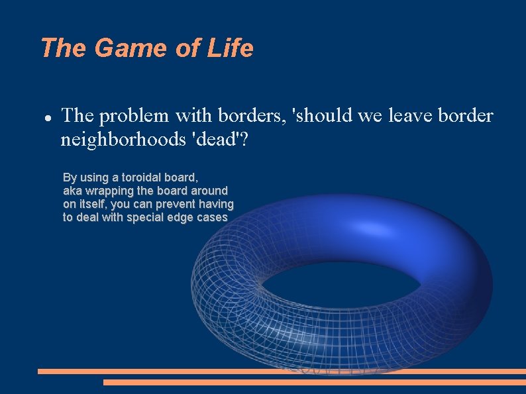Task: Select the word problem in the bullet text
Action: pos(136,117)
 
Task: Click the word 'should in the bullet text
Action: pos(323,116)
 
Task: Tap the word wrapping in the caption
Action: pos(109,191)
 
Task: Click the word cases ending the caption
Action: pos(211,217)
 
